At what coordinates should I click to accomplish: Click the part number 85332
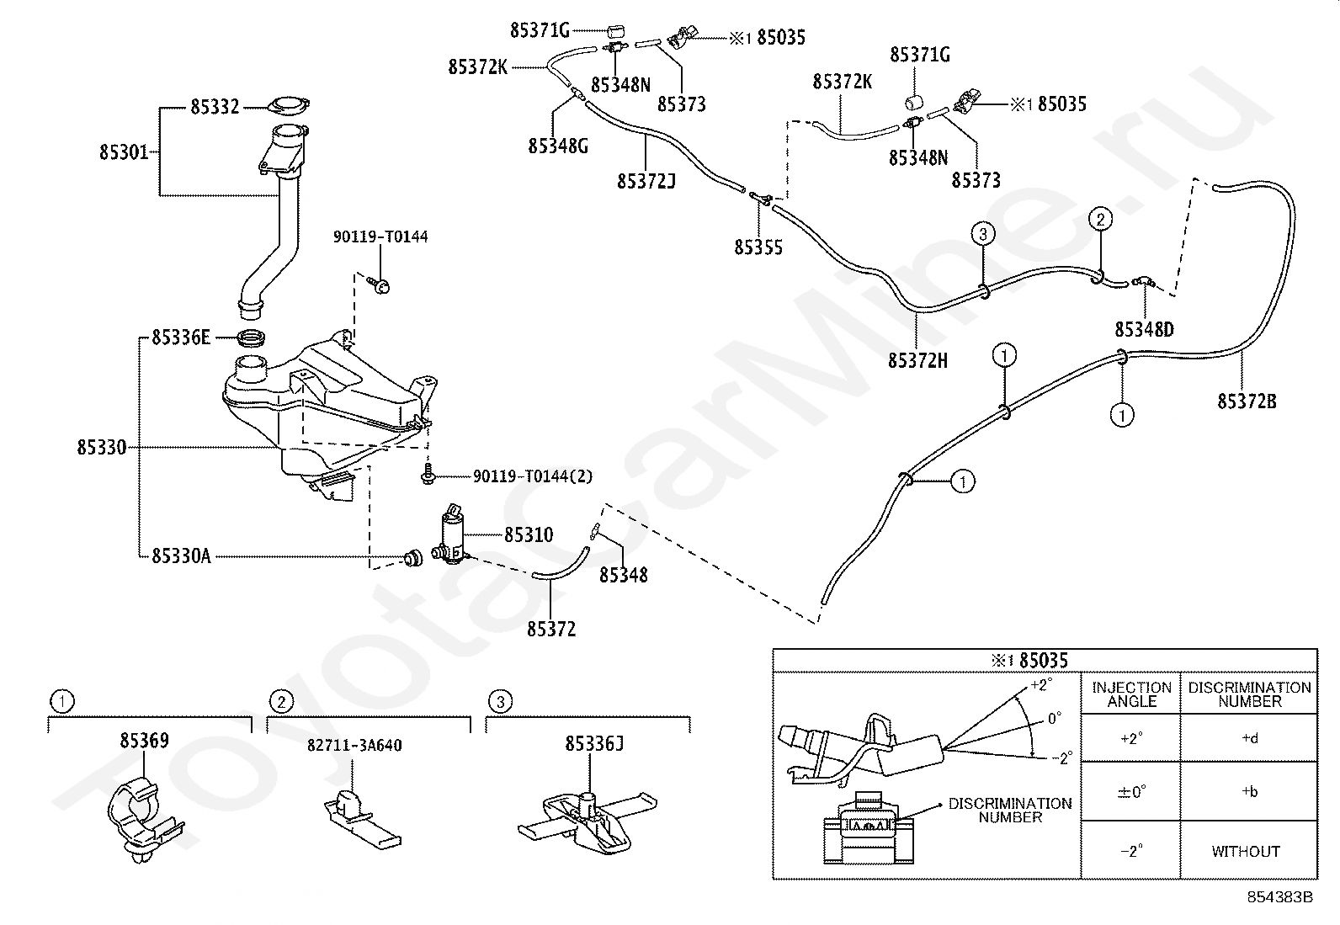(x=215, y=107)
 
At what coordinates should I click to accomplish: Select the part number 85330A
(x=181, y=556)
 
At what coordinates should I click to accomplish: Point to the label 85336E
(x=181, y=338)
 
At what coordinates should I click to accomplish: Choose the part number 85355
(x=758, y=247)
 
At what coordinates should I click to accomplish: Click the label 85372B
(x=1247, y=401)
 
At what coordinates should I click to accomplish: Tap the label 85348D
(x=1144, y=330)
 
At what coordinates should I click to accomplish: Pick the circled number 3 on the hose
(x=983, y=234)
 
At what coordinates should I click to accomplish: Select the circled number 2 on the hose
(x=1100, y=220)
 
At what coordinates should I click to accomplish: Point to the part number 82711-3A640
(x=354, y=746)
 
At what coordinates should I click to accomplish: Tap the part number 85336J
(x=594, y=744)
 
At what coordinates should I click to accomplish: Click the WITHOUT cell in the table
(x=1246, y=852)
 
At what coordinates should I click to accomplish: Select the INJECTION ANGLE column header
(x=1132, y=694)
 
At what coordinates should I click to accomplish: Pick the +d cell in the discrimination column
(x=1250, y=738)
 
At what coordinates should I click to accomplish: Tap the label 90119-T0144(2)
(x=533, y=477)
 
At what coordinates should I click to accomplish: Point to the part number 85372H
(x=917, y=361)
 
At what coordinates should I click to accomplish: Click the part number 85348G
(x=558, y=146)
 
